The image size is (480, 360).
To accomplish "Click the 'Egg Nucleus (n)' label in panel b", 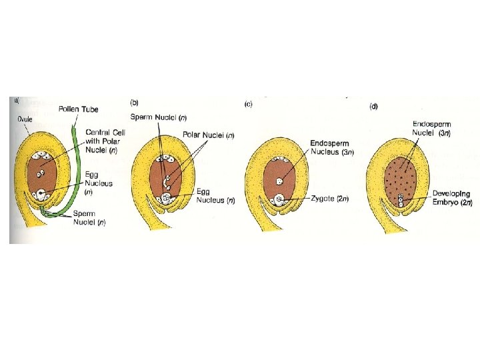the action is point(214,195).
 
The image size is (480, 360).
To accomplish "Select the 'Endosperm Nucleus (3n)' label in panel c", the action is point(333,148).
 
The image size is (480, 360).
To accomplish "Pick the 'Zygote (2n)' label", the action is point(331,199).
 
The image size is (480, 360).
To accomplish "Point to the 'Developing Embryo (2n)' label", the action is point(452,197).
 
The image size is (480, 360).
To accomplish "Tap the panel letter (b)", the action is point(134,103).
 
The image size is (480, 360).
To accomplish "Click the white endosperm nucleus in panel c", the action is point(279,180).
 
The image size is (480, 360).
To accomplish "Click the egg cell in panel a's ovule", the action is point(43,195).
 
